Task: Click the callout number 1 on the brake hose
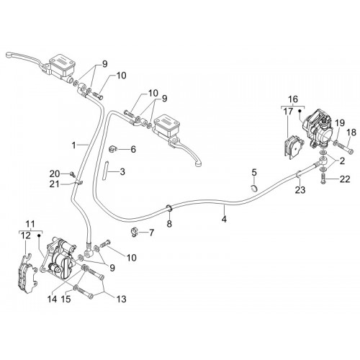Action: [x=74, y=145]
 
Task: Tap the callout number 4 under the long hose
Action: [x=224, y=219]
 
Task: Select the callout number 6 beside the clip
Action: [x=133, y=149]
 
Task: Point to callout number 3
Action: [x=122, y=172]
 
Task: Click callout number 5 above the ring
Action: [x=254, y=172]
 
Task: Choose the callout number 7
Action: [x=151, y=233]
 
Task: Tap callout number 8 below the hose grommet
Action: [x=169, y=224]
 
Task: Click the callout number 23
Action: [x=300, y=190]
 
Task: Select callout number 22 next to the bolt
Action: [x=345, y=179]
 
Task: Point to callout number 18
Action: [x=351, y=133]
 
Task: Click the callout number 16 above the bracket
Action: [x=293, y=99]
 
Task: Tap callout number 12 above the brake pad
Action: [x=26, y=235]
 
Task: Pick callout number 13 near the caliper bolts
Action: [x=121, y=299]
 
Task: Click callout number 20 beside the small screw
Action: [x=55, y=174]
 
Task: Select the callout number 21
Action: [x=55, y=184]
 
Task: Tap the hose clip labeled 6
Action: [x=113, y=149]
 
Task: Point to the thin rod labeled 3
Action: [x=106, y=170]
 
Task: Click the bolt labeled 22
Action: [x=323, y=179]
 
